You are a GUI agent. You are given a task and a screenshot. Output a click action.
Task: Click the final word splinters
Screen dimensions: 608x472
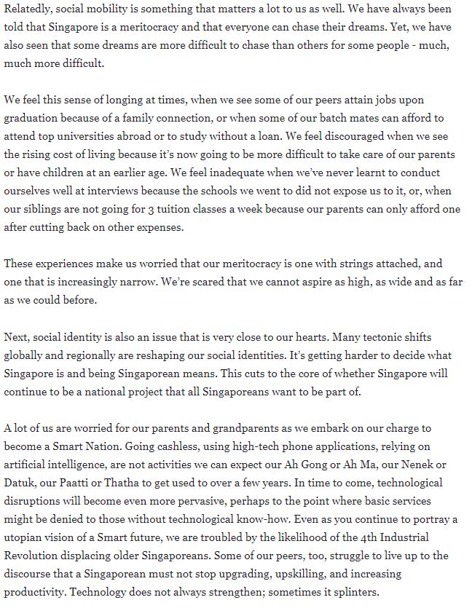(x=345, y=591)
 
